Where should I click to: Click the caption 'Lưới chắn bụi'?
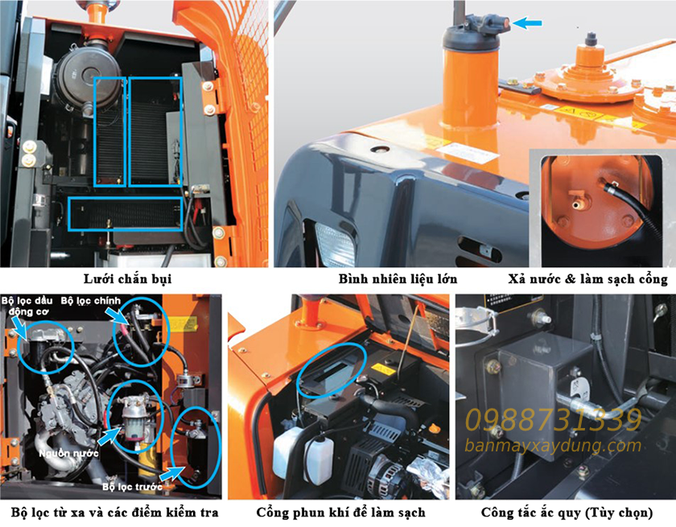128,279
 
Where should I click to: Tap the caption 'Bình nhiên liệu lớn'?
398,279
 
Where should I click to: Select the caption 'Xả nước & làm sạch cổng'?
588,279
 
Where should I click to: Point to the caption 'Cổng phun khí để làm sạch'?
340,513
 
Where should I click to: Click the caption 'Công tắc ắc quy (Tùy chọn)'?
567,513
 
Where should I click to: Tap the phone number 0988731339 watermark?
554,420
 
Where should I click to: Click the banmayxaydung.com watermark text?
553,445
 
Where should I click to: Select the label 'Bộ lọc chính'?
91,301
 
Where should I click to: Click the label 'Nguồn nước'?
68,453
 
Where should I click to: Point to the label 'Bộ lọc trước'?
132,487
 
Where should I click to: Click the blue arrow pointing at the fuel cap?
527,23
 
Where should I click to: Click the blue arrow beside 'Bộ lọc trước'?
170,474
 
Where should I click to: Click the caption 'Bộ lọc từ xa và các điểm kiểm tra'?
114,513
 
